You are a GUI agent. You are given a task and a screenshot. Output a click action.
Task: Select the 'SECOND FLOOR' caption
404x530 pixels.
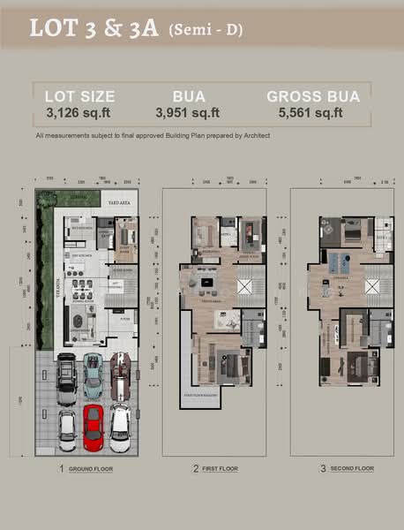point(350,468)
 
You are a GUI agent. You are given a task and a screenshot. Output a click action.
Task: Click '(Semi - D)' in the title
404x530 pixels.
point(205,31)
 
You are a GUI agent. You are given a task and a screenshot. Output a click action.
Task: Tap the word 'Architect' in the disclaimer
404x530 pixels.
point(252,135)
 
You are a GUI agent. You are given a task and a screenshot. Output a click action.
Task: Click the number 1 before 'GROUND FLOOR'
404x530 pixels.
point(61,468)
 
